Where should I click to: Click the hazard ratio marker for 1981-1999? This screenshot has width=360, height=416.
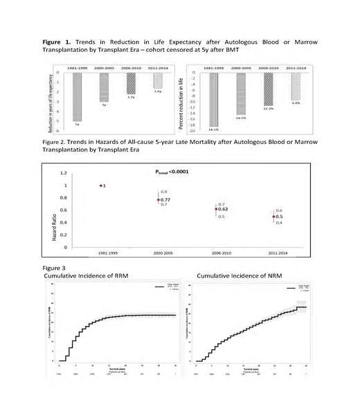[x=100, y=186]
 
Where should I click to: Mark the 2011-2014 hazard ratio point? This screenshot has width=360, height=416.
[x=271, y=217]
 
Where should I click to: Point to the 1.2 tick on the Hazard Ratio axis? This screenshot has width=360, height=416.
[x=64, y=173]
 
